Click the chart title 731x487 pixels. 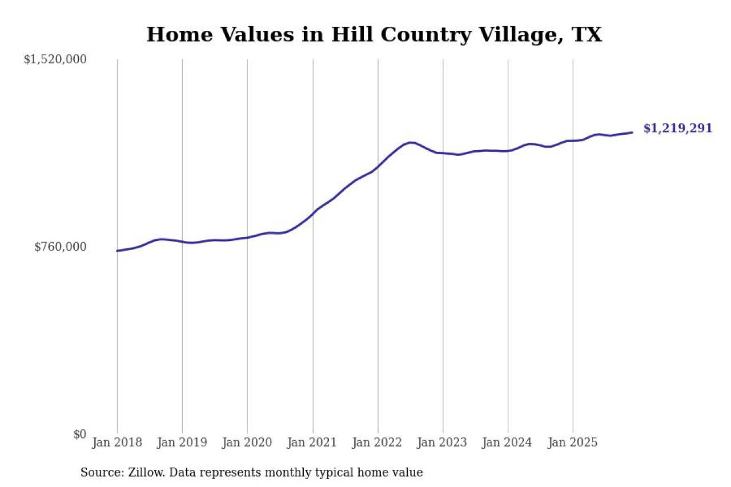tap(374, 35)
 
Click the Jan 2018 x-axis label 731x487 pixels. tap(117, 443)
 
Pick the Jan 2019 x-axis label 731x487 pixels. tap(182, 443)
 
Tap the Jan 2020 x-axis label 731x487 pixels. tap(247, 443)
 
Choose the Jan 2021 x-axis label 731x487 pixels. tap(312, 443)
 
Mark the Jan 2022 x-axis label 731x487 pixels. tap(377, 443)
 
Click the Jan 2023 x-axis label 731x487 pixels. tap(443, 443)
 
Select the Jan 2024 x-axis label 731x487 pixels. tap(508, 443)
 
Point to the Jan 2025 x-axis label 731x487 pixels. tap(573, 443)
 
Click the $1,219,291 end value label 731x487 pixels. tap(678, 128)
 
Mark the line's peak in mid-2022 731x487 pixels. tap(411, 142)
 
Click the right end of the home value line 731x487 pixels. tap(632, 132)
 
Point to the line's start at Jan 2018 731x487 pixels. tap(117, 251)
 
